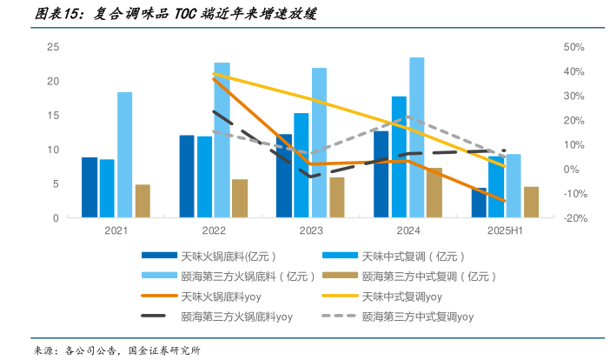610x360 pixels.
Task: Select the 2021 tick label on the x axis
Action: (116, 230)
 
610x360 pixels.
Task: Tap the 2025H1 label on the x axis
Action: (505, 230)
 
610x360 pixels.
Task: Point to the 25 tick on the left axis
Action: (53, 47)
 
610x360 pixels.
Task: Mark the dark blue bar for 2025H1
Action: (479, 203)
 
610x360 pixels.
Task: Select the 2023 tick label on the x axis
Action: (310, 230)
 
